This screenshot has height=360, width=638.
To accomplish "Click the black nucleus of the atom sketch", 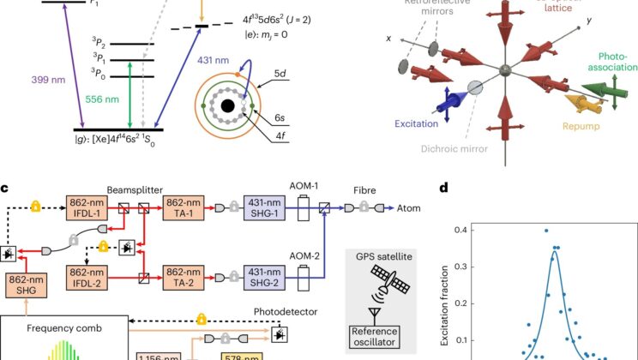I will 228,108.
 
